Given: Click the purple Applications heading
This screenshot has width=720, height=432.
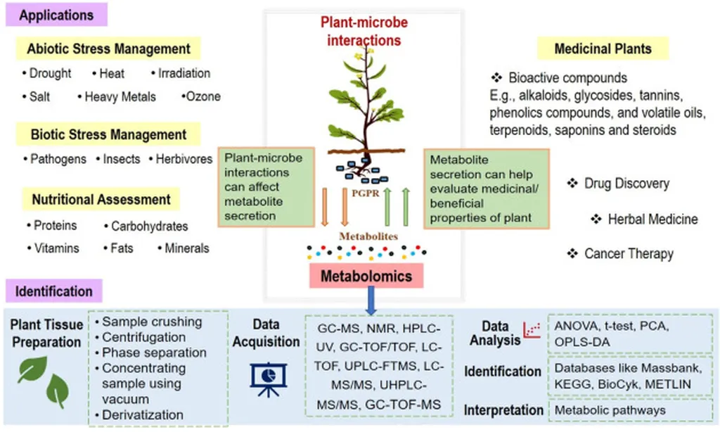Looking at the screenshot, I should [56, 15].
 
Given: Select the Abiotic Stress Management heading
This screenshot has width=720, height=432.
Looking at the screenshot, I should [108, 49].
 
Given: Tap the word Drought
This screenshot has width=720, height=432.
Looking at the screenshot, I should [50, 73].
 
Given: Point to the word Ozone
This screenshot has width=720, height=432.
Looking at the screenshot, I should [202, 96].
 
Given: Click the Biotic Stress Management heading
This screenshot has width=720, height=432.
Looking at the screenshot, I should [108, 134].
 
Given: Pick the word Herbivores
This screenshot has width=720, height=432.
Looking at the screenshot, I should [184, 159].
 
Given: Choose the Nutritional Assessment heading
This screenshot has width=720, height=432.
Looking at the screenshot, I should [101, 200].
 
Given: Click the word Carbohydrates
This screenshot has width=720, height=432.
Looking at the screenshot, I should [149, 227].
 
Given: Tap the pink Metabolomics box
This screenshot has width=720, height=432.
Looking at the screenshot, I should [366, 276].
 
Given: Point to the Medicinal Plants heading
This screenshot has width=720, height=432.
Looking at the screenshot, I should [603, 49].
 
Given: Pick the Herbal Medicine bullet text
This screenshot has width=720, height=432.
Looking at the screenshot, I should [652, 219].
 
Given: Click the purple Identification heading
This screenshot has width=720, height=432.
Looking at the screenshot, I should [54, 291].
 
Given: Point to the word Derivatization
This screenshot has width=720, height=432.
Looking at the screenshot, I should [143, 415].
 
